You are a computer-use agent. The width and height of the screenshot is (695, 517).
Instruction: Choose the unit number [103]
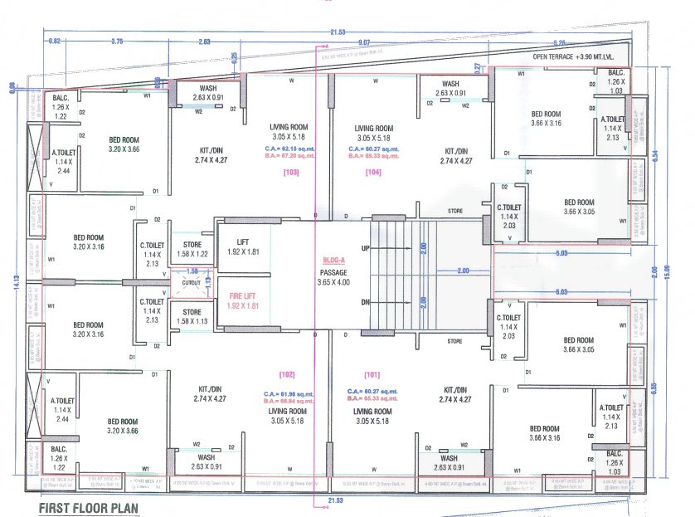point(290,173)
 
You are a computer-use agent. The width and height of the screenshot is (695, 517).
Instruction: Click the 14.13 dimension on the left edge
point(15,282)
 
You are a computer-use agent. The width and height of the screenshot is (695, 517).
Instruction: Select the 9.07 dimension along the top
point(364,41)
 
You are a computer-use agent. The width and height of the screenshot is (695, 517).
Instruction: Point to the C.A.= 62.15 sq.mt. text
point(290,148)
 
